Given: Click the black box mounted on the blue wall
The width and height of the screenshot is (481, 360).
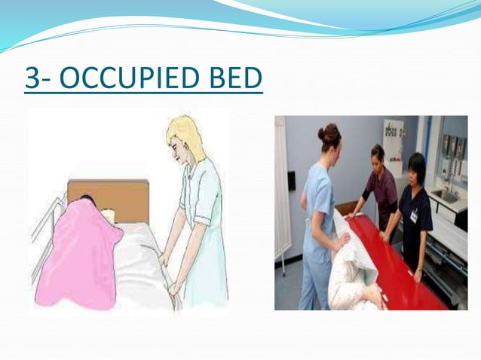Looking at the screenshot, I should point(291,181).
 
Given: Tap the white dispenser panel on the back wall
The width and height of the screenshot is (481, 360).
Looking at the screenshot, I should point(392,139).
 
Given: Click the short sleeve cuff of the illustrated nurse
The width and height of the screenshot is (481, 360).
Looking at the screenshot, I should point(202,221).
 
